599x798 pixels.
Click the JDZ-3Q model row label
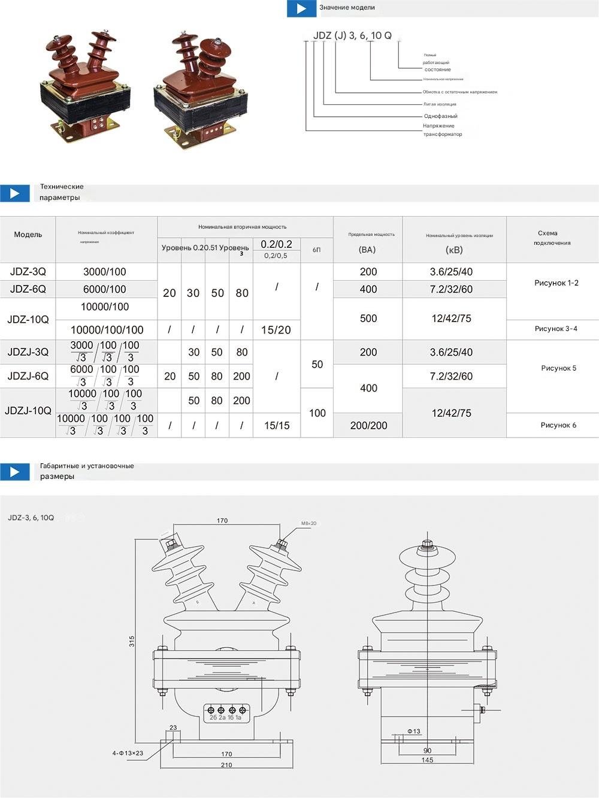tap(28, 272)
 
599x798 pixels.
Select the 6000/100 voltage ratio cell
tap(105, 289)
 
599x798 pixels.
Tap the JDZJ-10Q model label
tap(28, 411)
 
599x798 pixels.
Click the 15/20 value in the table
tap(276, 330)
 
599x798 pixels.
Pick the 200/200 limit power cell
tap(368, 426)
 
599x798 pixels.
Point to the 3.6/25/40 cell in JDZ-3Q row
tap(451, 272)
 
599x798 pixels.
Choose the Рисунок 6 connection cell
tap(558, 425)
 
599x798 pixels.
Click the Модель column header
tap(28, 235)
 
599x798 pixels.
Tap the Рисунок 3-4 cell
tap(556, 329)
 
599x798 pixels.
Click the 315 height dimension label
tap(132, 641)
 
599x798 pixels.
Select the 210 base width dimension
tap(226, 765)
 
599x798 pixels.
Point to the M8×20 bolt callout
tap(309, 523)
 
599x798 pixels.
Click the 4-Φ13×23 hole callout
tap(128, 753)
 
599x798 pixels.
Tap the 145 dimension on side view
tap(427, 760)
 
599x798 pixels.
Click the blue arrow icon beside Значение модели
tap(301, 8)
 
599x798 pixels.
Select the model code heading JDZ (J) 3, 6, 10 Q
tap(352, 36)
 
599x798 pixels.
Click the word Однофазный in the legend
tap(440, 116)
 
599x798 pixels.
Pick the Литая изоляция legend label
tap(440, 104)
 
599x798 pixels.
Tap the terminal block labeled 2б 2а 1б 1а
tap(226, 713)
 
